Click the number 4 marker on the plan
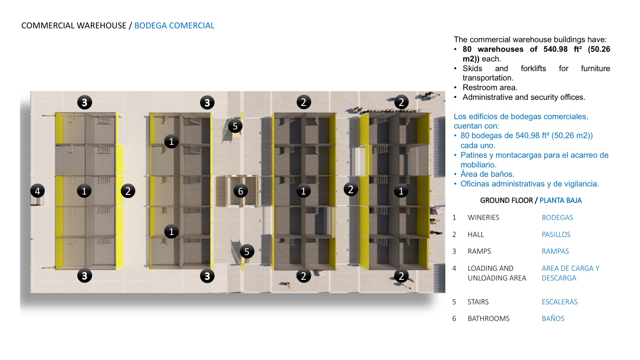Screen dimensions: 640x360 click(x=37, y=191)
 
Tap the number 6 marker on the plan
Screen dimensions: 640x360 click(x=240, y=191)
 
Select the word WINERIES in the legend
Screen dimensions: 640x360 click(x=483, y=217)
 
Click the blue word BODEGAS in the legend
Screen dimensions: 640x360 click(x=557, y=217)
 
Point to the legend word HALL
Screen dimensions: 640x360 click(x=476, y=234)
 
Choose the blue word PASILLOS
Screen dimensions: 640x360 click(x=556, y=234)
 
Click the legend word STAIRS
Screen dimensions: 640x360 click(x=478, y=302)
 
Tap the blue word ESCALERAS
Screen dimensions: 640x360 click(x=560, y=302)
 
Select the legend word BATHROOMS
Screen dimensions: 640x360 click(x=488, y=319)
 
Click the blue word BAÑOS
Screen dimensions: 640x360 click(x=553, y=318)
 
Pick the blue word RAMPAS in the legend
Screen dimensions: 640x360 click(x=555, y=251)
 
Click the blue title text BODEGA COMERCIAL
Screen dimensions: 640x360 click(x=174, y=26)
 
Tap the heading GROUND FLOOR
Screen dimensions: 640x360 click(x=506, y=200)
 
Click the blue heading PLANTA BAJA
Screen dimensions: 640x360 click(x=560, y=200)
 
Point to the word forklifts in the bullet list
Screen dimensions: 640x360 click(x=533, y=69)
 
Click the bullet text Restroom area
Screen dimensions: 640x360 click(x=490, y=88)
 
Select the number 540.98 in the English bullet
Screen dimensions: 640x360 click(x=555, y=49)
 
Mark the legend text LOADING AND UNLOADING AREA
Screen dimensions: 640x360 click(x=497, y=273)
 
